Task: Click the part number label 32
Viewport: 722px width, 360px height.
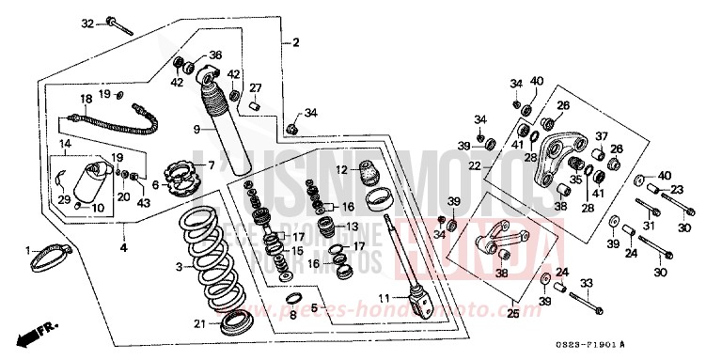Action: pos(86,23)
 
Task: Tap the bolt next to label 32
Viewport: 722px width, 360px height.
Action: pos(118,23)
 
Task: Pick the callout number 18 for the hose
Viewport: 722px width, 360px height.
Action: pos(86,99)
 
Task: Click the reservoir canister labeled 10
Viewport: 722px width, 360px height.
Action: pos(96,183)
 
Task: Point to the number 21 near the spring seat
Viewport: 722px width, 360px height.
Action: pos(198,324)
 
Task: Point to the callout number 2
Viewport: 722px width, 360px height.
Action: pos(295,43)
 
